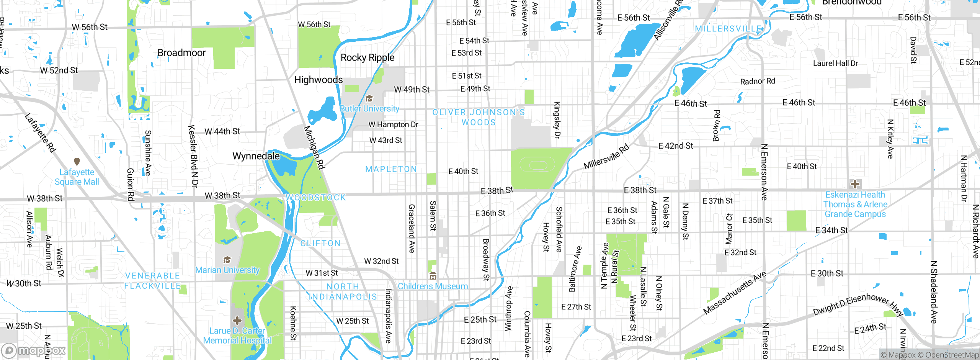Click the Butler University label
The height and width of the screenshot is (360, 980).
pos(369,109)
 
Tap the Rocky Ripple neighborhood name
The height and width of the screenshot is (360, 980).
pos(367,58)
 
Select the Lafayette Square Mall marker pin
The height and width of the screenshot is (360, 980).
pos(77,162)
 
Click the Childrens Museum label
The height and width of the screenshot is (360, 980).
pos(433,286)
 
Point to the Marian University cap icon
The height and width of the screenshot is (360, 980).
pos(227,260)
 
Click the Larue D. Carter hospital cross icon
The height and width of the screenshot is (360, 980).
pos(237,320)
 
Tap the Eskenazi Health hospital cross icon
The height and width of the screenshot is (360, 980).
pos(855,184)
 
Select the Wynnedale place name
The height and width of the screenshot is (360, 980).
pos(256,156)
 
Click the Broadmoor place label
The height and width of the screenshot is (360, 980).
pos(181,53)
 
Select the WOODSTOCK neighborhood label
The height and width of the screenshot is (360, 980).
pos(316,198)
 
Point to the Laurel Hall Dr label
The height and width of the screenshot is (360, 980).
pos(835,64)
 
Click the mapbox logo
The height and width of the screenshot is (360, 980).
pos(34,350)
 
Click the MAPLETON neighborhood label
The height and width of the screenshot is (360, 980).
pos(391,169)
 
